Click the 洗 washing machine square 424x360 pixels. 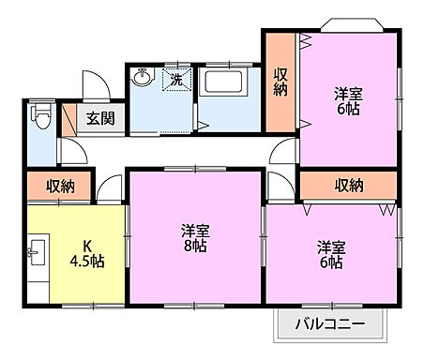pos(175,80)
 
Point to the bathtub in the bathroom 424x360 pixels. pos(224,82)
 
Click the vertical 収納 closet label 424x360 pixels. pos(280,82)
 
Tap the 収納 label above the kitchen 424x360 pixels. pos(60,187)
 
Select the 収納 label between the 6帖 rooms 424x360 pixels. pos(348,185)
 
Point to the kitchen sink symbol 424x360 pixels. pos(38,253)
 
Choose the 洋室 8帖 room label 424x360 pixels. pos(194,240)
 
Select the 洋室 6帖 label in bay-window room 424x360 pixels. pos(348,101)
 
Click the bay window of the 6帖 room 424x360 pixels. pos(352,26)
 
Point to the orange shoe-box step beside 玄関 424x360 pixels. pos(68,118)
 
